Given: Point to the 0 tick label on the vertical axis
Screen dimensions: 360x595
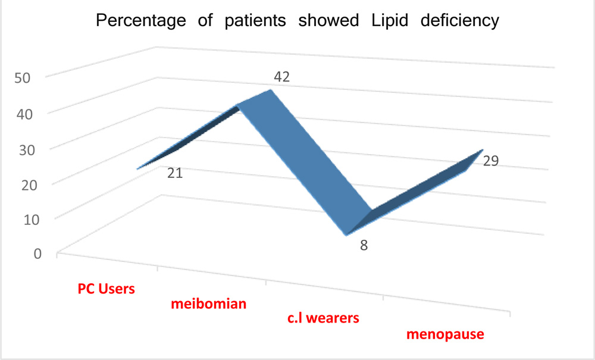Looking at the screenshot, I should tap(36, 253).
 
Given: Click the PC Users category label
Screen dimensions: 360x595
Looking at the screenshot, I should tap(107, 290).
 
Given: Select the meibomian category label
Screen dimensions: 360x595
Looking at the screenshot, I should tap(209, 305).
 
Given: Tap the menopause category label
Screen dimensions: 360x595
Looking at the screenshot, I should tap(445, 334).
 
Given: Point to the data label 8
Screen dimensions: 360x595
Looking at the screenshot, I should tap(363, 245).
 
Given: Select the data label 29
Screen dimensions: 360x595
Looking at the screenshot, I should tap(490, 161).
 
